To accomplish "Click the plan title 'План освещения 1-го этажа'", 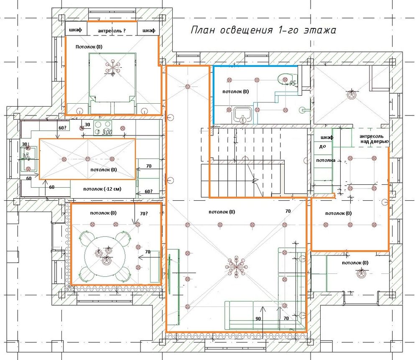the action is [263, 30].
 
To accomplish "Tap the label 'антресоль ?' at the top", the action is [112, 31].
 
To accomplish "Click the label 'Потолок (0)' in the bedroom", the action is [89, 47].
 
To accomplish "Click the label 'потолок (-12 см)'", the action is [102, 189].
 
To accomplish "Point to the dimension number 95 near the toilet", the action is [293, 83].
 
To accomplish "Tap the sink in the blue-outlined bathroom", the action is [242, 115].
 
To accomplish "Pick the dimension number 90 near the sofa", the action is [258, 319].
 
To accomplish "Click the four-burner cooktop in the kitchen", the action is [103, 128].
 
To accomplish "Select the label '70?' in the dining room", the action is [144, 214].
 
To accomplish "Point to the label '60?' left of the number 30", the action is [62, 128].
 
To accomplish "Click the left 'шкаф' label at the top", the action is [75, 30].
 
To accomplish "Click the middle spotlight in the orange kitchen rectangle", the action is [88, 159].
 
